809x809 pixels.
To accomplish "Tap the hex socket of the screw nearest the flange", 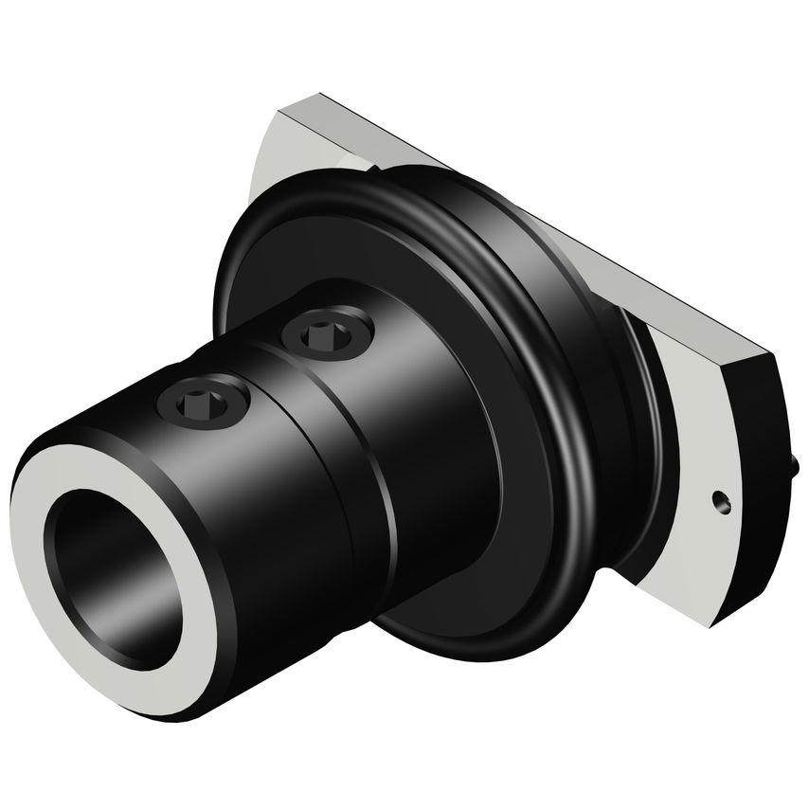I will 327,331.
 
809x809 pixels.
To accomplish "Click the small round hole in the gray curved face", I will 721,499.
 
